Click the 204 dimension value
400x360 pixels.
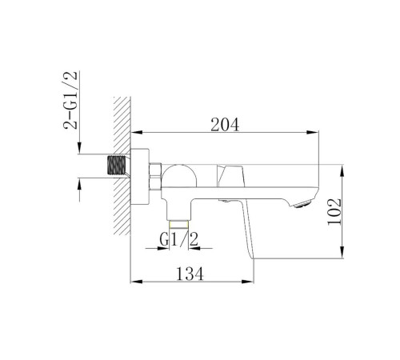click(225, 125)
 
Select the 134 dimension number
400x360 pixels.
click(190, 274)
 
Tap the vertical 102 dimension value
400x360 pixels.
click(334, 212)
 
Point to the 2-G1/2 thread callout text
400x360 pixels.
click(70, 100)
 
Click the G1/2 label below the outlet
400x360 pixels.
click(179, 239)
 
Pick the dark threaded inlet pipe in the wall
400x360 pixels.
click(116, 166)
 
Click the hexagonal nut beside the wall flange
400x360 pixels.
click(155, 176)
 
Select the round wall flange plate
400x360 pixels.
click(140, 177)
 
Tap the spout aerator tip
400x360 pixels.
click(303, 203)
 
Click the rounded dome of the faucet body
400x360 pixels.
click(179, 175)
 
